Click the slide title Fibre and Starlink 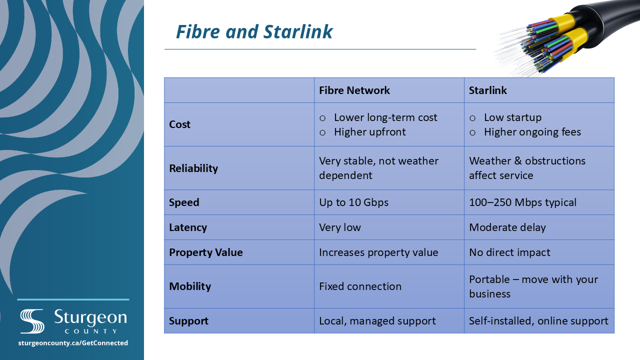point(254,31)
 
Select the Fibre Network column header point(354,90)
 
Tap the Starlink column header point(487,90)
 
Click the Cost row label point(179,124)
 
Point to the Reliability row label point(193,168)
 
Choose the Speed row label point(184,202)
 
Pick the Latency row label point(188,227)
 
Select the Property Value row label point(205,252)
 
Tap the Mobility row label point(190,286)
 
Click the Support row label point(188,321)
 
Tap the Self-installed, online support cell point(538,321)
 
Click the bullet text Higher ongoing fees point(532,132)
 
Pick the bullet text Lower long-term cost point(385,117)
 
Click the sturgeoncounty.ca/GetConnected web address point(73,343)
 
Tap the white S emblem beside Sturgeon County point(32,321)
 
